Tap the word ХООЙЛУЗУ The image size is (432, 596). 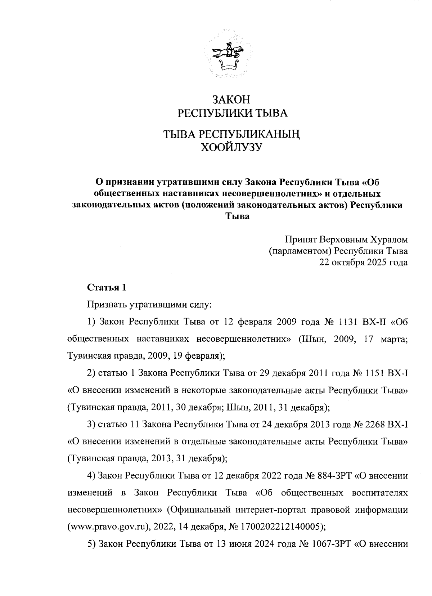click(x=230, y=147)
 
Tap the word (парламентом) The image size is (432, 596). click(x=300, y=251)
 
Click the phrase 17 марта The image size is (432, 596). click(x=386, y=339)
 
